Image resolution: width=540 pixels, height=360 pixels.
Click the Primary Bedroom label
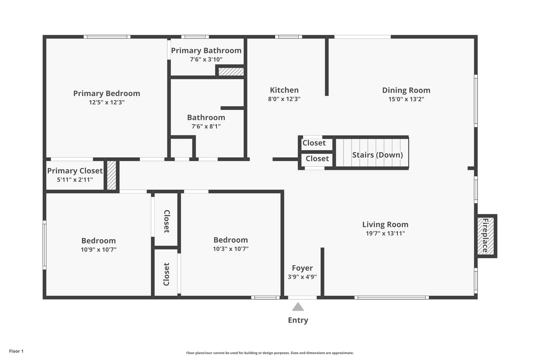(107, 93)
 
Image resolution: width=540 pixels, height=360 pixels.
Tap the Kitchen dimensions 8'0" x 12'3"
(284, 99)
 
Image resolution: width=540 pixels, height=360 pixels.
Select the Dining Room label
(406, 90)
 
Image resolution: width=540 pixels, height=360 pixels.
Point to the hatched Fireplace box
(486, 236)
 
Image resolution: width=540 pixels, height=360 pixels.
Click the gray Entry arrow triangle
(298, 307)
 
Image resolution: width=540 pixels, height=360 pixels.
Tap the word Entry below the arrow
(298, 320)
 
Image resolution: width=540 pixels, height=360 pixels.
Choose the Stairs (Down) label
(378, 155)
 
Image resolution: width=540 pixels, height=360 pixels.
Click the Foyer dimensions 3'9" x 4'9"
(302, 277)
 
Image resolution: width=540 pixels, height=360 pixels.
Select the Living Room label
(385, 224)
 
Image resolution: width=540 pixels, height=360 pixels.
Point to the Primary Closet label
(75, 171)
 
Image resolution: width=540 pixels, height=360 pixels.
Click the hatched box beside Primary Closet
(112, 175)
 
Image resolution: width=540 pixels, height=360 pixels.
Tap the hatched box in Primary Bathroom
(231, 72)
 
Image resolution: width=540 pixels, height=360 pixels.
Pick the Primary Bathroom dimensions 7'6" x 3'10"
(206, 59)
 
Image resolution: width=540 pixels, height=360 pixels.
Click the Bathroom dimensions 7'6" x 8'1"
(206, 126)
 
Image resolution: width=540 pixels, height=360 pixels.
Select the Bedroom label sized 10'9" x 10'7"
(99, 241)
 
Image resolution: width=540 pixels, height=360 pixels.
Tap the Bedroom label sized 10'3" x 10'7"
(231, 240)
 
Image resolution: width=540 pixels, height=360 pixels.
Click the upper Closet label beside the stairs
(314, 143)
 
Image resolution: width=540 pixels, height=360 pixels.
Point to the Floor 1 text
(16, 351)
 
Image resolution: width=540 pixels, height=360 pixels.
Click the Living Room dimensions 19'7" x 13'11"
(385, 233)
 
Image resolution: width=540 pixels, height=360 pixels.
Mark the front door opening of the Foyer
(302, 298)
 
